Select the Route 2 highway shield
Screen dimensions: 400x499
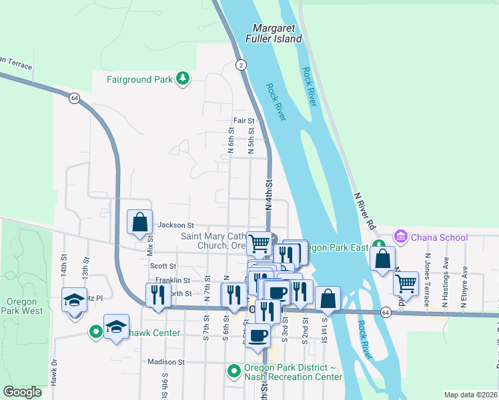tap(241, 65)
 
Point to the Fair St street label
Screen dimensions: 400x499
tap(243, 121)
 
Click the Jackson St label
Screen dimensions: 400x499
tap(175, 225)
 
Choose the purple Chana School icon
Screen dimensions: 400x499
tap(400, 237)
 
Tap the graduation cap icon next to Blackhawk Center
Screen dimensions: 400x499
tap(116, 326)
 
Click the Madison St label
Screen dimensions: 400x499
tap(166, 362)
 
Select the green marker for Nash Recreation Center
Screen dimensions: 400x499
tap(233, 370)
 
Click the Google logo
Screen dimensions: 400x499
tap(22, 392)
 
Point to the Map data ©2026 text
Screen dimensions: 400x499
tap(470, 395)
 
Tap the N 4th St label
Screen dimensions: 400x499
tap(270, 195)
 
